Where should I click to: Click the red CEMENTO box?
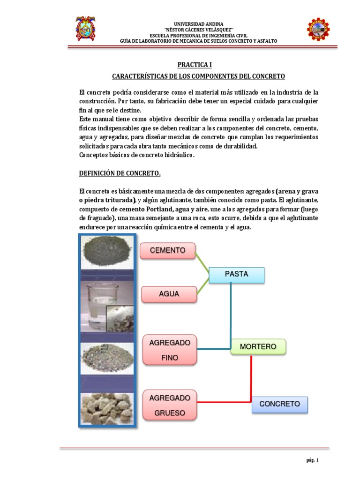[x=167, y=251]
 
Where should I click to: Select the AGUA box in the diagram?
[x=169, y=294]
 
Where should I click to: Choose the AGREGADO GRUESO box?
[x=170, y=405]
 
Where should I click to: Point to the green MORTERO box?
[x=258, y=347]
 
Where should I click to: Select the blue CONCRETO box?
[x=279, y=404]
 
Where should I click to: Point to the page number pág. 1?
[x=312, y=461]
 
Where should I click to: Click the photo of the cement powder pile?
[x=107, y=252]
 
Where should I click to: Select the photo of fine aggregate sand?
[x=107, y=357]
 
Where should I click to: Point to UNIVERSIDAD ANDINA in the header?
[x=199, y=24]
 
